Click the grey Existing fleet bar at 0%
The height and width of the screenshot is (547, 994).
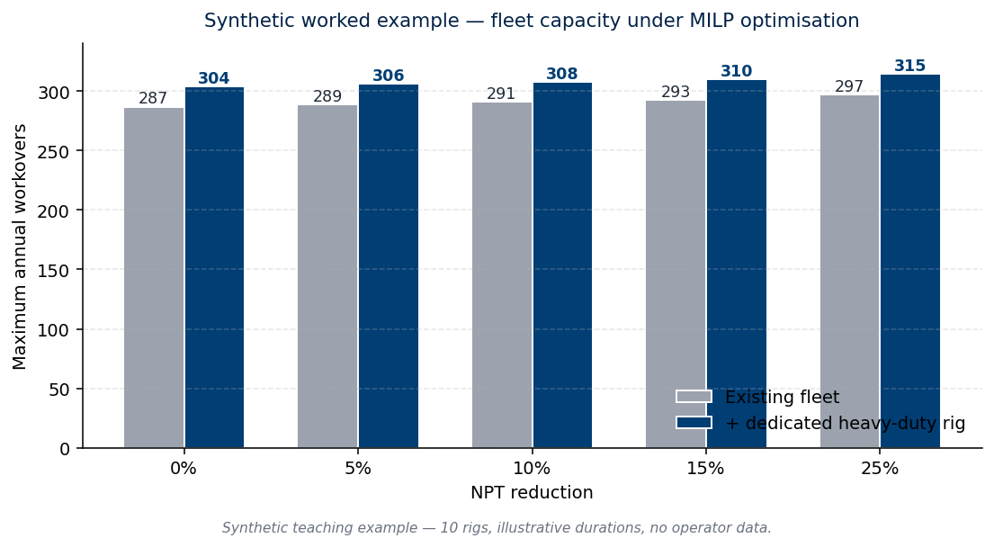point(154,278)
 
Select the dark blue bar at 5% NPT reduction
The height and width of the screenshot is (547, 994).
point(389,266)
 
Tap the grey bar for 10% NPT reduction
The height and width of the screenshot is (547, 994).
point(502,275)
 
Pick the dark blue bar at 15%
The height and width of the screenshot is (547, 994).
point(737,264)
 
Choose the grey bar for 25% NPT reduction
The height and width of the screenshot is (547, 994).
point(849,272)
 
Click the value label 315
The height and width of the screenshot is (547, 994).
point(909,66)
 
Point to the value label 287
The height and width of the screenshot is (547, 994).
point(153,98)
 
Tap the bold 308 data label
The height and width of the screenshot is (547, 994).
point(561,74)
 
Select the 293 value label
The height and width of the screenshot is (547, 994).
point(676,92)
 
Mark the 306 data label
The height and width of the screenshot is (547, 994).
point(388,76)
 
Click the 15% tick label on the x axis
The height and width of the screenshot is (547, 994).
point(705,469)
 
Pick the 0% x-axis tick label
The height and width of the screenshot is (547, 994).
point(184,469)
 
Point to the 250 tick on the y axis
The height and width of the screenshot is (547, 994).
point(55,151)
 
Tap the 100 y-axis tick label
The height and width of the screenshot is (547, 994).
point(55,329)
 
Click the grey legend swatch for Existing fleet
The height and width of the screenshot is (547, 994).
point(694,397)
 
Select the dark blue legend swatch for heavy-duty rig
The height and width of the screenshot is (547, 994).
point(694,423)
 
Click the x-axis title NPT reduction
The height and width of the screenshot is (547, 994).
point(532,492)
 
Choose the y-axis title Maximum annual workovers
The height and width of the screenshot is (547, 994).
point(20,247)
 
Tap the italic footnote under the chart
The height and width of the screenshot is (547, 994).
point(497,528)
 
